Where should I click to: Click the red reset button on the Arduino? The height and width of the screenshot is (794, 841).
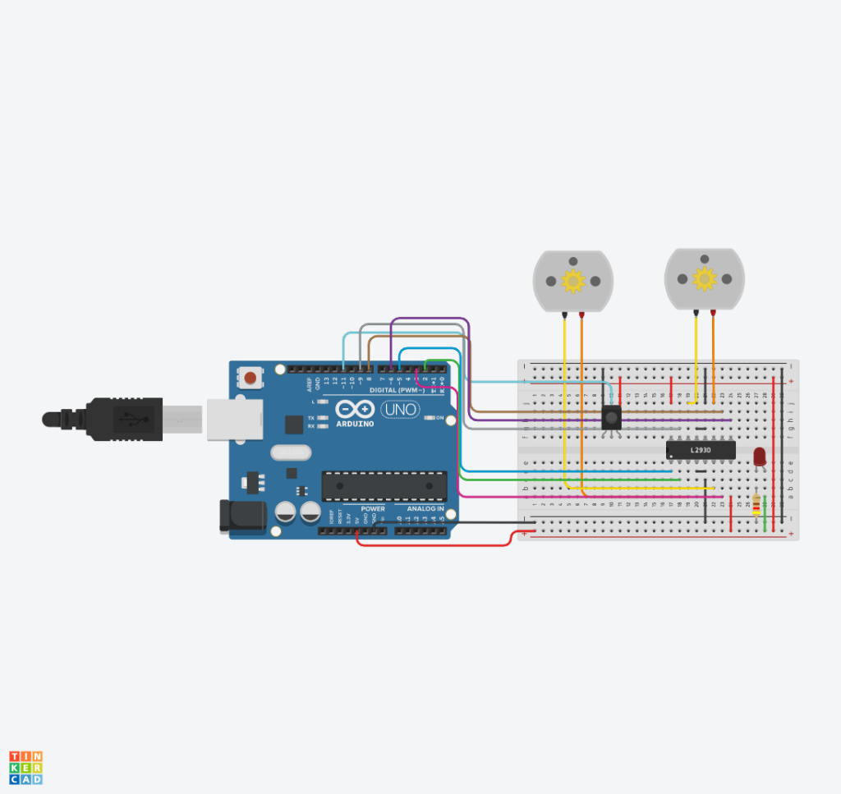250,379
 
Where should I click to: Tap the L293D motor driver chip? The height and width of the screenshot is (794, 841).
700,451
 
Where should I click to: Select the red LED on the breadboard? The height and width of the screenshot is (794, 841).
760,457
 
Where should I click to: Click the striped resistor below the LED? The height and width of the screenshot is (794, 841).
756,504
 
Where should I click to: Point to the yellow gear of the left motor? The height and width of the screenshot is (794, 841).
572,282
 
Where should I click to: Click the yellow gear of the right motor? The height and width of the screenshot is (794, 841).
704,279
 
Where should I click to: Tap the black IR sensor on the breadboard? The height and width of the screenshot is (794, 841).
611,418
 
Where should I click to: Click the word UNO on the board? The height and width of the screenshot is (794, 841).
400,409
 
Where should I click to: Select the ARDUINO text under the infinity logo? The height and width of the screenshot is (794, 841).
355,424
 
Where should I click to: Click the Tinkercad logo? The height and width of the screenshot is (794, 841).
26,767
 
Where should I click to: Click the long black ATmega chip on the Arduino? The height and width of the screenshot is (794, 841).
384,486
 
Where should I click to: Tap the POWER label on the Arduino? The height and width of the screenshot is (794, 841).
372,509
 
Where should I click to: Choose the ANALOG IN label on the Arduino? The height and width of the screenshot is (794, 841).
425,509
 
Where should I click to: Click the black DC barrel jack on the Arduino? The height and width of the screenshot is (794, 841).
241,515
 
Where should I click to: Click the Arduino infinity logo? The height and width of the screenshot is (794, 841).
355,408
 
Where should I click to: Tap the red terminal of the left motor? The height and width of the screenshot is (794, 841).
581,314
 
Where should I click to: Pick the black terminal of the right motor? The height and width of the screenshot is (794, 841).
696,312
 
